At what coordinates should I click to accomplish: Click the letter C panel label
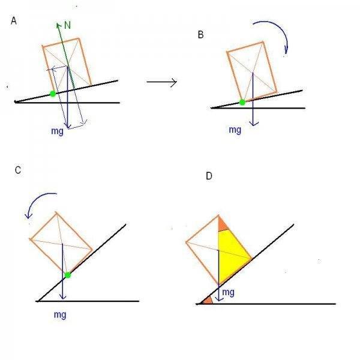pyautogui.click(x=18, y=170)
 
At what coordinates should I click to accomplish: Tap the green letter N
pyautogui.click(x=68, y=26)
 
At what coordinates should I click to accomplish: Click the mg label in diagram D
pyautogui.click(x=228, y=292)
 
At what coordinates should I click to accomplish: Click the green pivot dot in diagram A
pyautogui.click(x=53, y=94)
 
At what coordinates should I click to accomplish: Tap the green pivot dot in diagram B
pyautogui.click(x=242, y=103)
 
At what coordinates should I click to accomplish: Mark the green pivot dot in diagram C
pyautogui.click(x=68, y=275)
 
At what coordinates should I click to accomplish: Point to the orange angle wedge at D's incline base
pyautogui.click(x=207, y=299)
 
